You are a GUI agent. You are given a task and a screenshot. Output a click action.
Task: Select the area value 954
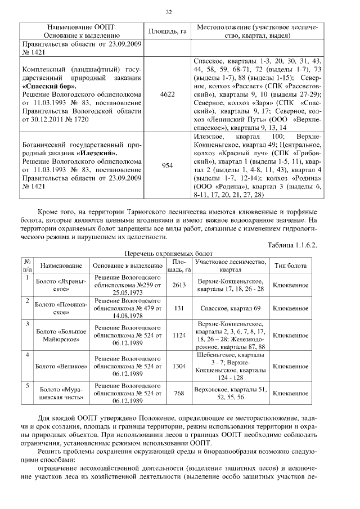pos(168,165)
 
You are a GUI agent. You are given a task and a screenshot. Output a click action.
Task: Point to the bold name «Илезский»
pos(98,153)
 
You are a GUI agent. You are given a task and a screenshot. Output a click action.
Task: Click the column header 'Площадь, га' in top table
pos(167,31)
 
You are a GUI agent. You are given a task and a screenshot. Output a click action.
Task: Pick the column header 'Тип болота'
pos(290,265)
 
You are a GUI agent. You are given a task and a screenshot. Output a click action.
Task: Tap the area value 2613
pos(179,285)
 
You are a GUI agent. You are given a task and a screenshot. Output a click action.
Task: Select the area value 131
pos(179,308)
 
